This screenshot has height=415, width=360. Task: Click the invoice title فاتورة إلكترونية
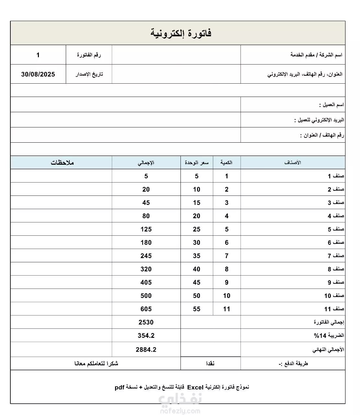[x=181, y=33]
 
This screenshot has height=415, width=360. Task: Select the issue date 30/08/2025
[x=38, y=74]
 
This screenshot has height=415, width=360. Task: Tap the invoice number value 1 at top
[x=38, y=55]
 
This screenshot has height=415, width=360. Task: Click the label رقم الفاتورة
[x=89, y=55]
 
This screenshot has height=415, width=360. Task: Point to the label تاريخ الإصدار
[x=89, y=74]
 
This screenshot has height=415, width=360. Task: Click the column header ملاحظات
[x=62, y=163]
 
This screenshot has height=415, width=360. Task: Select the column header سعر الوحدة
[x=197, y=163]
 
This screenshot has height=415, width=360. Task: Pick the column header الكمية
[x=226, y=163]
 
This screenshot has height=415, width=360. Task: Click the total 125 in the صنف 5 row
[x=146, y=229]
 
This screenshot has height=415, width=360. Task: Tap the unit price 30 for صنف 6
[x=197, y=243]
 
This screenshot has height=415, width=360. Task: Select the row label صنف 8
[x=336, y=269]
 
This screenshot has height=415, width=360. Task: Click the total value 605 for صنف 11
[x=146, y=309]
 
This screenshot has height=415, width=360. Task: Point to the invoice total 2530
[x=146, y=322]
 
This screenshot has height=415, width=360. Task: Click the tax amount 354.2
[x=146, y=336]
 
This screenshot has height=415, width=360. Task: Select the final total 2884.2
[x=146, y=350]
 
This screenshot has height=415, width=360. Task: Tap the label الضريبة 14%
[x=329, y=336]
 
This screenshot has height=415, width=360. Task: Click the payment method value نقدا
[x=210, y=363]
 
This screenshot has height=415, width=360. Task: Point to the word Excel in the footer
[x=195, y=387]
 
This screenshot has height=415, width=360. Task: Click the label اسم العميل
[x=331, y=105]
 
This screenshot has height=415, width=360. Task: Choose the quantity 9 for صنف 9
[x=227, y=282]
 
